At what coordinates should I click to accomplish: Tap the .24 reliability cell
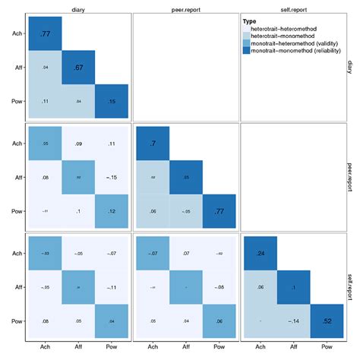260,252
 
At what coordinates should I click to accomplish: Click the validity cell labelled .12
113,211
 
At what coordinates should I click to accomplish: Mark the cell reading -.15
113,177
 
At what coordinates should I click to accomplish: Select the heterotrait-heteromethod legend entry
285,40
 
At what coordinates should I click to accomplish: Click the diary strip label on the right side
352,67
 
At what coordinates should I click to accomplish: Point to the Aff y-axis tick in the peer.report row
17,177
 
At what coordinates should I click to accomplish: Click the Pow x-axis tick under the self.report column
329,348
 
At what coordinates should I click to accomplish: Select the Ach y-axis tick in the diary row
17,33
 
